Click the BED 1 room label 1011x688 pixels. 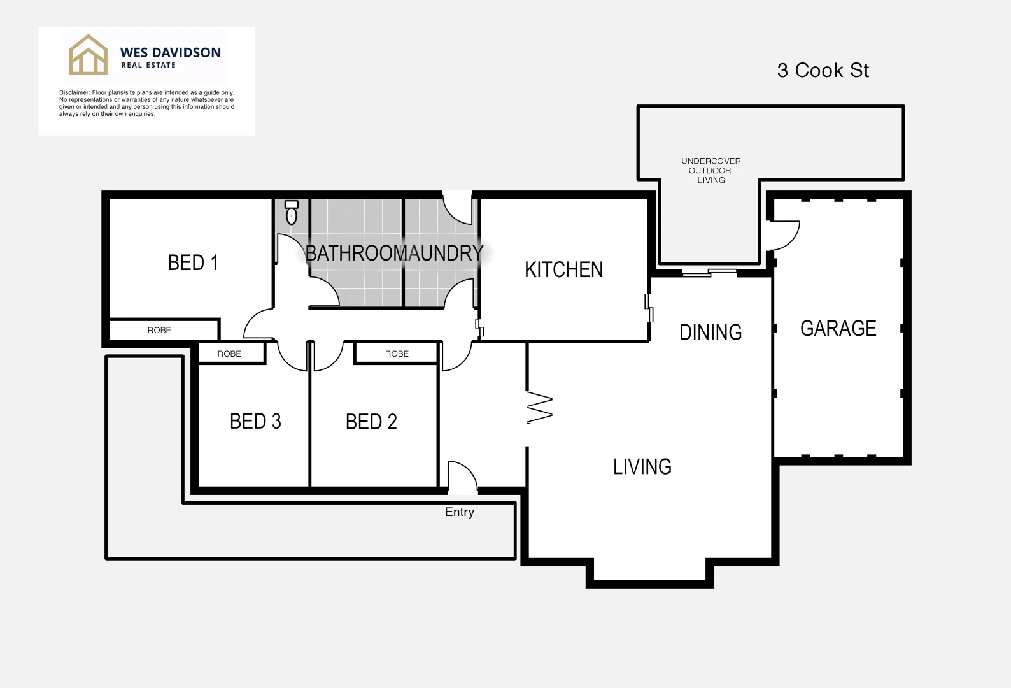193,262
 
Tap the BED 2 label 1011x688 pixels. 371,422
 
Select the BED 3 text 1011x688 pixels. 255,421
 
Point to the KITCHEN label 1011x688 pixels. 563,269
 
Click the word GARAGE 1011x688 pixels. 838,328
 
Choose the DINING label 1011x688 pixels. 711,332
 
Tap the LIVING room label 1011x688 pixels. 642,466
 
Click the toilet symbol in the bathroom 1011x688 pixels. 292,212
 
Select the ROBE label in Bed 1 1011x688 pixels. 159,330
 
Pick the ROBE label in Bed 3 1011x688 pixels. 229,354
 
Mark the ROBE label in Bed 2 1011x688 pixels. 397,354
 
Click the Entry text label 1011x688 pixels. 459,512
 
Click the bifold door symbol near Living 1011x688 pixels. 539,408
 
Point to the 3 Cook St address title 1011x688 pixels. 823,70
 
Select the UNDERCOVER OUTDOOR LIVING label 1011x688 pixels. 711,170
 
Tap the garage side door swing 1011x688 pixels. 785,235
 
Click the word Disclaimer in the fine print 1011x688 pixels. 74,93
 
